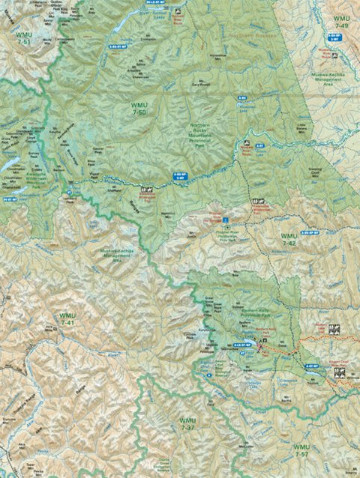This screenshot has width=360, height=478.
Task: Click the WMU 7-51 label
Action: click(16, 41)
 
